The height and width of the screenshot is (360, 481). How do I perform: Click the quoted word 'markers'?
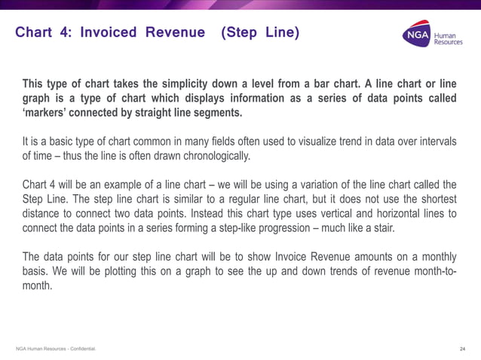pos(45,113)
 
